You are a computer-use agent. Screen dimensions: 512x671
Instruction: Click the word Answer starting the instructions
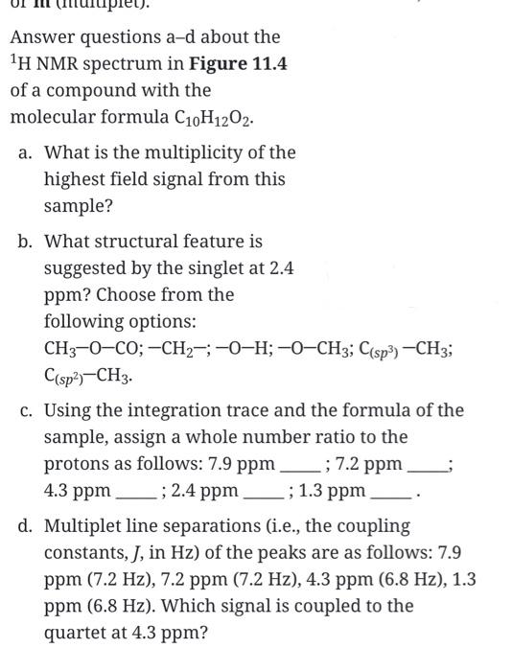pos(41,37)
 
